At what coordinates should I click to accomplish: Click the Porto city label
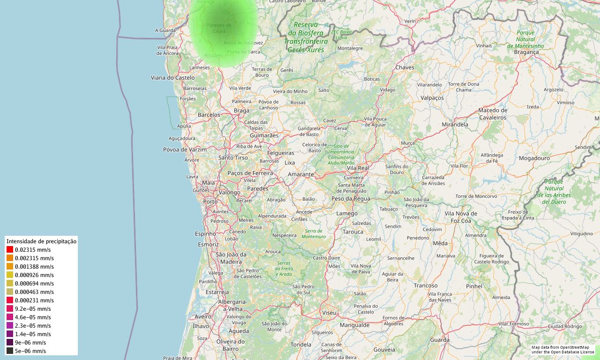coord(210,202)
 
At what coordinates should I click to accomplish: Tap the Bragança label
coord(526,52)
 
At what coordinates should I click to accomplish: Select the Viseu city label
coord(329,312)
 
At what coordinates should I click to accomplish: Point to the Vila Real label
coord(358,168)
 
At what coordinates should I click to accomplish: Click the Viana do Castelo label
coord(172,77)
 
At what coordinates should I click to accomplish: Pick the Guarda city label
coord(440,340)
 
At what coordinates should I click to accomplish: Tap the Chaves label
coord(405,67)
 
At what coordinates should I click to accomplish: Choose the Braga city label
coord(241,111)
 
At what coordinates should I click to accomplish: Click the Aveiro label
coord(203,317)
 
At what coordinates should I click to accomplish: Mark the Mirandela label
coord(455,125)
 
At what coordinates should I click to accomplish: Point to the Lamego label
coord(347,214)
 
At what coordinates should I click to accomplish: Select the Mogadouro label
coord(534,158)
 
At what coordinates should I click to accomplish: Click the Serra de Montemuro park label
coord(314,234)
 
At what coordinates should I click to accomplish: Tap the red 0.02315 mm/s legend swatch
coord(10,250)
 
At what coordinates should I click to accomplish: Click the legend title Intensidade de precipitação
coord(41,241)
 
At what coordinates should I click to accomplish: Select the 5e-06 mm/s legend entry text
coord(30,351)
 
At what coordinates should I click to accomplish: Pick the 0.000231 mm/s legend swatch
coord(10,300)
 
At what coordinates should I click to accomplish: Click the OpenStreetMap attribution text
coord(562,350)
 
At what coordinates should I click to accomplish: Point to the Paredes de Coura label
coord(219,28)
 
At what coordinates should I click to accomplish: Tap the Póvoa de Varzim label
coord(185,150)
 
